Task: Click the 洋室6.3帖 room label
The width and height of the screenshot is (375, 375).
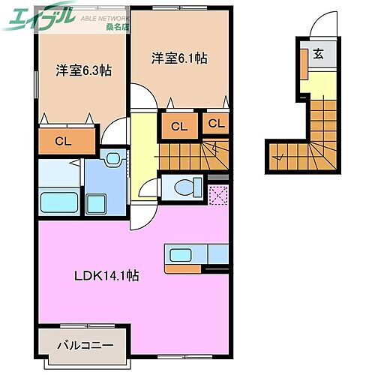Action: (x=83, y=71)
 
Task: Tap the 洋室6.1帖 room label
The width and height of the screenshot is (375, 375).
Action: (x=179, y=57)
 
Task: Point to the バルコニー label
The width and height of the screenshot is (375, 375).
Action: (x=86, y=325)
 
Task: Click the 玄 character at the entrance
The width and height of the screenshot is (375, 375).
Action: (x=319, y=53)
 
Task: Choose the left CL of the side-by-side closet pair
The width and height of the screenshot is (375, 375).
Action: (x=178, y=126)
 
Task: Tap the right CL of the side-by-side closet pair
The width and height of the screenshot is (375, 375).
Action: (x=216, y=124)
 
